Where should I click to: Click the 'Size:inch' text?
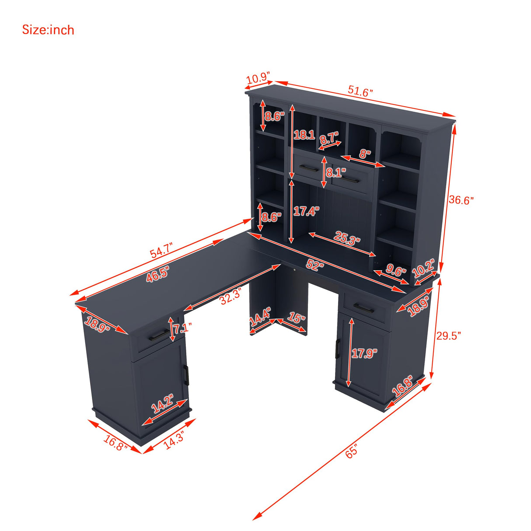click(x=48, y=30)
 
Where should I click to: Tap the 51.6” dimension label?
click(x=360, y=91)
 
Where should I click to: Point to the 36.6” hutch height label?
click(x=461, y=200)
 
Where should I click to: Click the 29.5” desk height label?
click(x=448, y=335)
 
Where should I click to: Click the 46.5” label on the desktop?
click(x=157, y=274)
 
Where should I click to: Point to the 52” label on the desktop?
click(x=315, y=265)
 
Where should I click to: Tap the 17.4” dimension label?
click(x=306, y=211)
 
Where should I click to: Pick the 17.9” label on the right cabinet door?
click(x=364, y=353)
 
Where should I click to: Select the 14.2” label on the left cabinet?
click(x=163, y=404)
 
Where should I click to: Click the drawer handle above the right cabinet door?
click(x=364, y=308)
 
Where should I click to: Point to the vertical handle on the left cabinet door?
click(x=186, y=375)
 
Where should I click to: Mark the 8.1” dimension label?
click(x=336, y=173)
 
